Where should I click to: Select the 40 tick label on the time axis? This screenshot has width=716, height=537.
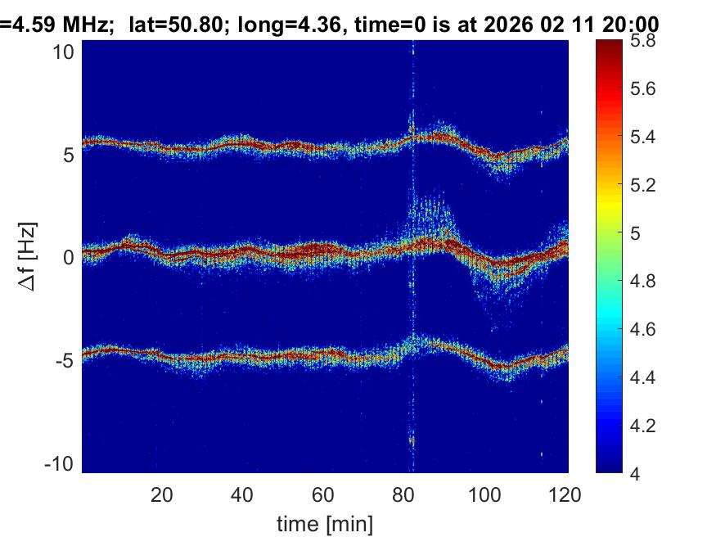click(242, 494)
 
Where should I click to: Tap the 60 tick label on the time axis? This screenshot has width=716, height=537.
click(323, 494)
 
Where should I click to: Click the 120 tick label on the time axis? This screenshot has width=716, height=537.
click(565, 494)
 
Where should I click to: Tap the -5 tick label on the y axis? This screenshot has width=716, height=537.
click(65, 360)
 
